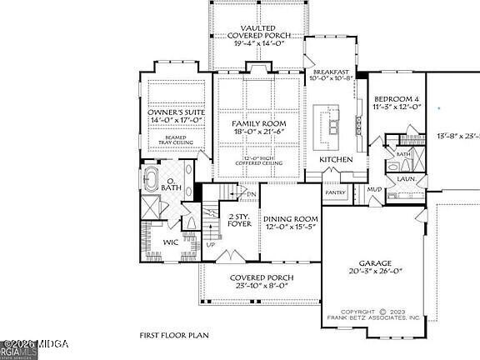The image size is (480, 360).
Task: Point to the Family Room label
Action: point(257,124)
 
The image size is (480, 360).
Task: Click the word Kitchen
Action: point(336,158)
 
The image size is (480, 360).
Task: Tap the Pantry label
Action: point(336,192)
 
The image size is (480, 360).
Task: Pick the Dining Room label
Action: point(291,218)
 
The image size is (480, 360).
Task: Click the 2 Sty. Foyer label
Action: point(240,220)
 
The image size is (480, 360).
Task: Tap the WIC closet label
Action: point(170,242)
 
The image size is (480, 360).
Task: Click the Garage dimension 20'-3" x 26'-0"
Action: point(374,271)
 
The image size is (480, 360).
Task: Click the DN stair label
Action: point(252,195)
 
